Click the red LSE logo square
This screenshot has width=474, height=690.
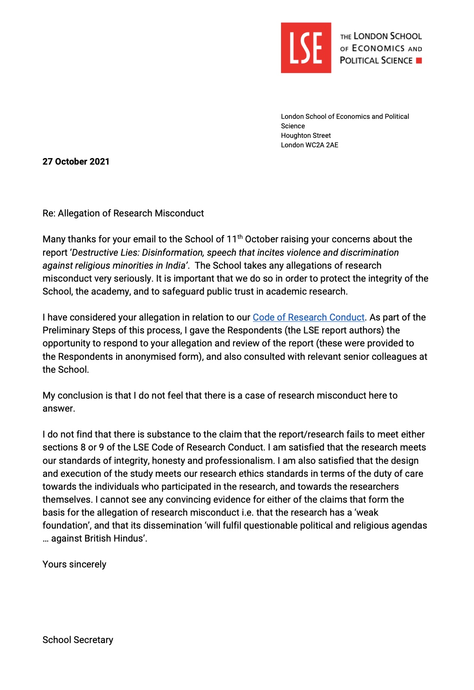(x=306, y=47)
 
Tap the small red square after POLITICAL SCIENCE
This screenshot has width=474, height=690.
(x=419, y=60)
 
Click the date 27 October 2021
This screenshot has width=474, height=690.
(x=76, y=161)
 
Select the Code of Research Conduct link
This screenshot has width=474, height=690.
(x=308, y=317)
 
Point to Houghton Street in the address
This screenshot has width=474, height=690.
(x=306, y=136)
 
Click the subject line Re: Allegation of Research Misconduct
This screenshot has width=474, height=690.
(x=123, y=213)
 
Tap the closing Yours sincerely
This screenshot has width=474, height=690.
(x=74, y=564)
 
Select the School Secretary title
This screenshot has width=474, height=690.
(x=78, y=640)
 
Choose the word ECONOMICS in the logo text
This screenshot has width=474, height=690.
(x=378, y=48)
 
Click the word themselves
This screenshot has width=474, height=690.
(x=67, y=500)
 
